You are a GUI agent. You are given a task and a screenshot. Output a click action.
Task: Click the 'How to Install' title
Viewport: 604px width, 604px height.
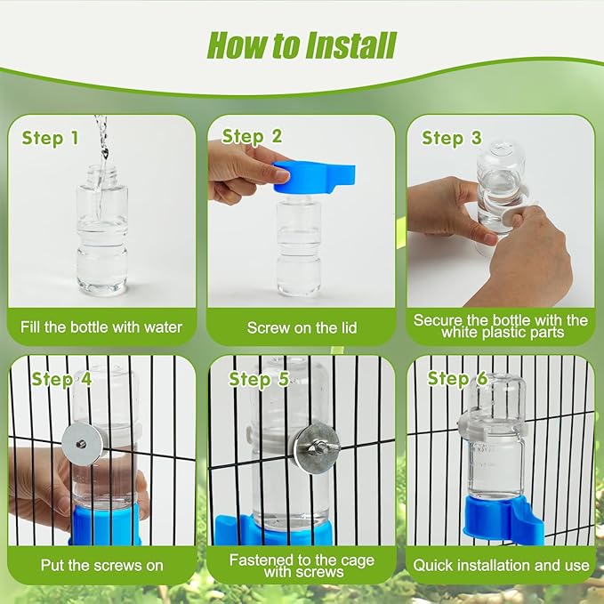click(x=302, y=44)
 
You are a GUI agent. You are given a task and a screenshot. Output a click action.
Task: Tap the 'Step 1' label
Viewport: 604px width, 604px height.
click(x=50, y=138)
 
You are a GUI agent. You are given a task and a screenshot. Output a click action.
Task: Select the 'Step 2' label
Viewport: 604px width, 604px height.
click(x=252, y=136)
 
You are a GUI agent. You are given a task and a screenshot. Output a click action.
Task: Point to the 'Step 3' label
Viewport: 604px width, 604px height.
click(x=451, y=138)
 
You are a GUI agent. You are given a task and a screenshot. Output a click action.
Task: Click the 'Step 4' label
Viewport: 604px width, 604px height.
click(x=61, y=379)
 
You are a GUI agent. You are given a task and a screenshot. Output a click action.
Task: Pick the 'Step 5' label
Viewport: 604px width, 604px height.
click(x=259, y=379)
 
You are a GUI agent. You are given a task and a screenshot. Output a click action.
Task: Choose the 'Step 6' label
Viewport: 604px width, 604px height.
click(x=457, y=379)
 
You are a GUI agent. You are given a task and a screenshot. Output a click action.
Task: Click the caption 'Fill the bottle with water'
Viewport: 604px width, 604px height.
click(x=101, y=327)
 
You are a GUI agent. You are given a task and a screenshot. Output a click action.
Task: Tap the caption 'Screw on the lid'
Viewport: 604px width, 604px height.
click(x=302, y=328)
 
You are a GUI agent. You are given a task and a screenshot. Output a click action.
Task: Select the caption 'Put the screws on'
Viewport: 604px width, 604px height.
click(x=101, y=565)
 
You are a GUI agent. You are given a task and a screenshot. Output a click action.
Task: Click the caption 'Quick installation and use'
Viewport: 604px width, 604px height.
click(x=501, y=565)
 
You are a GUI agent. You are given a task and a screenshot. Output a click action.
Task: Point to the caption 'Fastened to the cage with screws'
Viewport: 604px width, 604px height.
click(x=302, y=566)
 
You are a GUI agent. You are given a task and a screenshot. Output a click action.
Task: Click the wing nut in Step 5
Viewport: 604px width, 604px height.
click(x=316, y=442)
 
